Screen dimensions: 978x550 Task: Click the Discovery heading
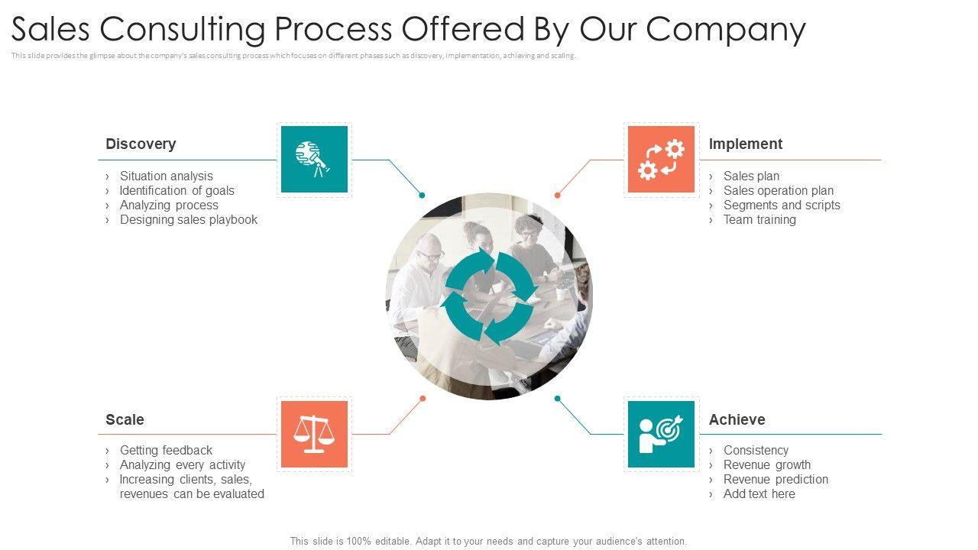[141, 144]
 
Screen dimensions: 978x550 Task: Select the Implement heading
[745, 144]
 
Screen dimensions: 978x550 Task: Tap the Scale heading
[125, 419]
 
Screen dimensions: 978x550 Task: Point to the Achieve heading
[737, 419]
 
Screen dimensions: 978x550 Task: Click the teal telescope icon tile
[314, 159]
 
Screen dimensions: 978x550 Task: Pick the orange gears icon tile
[661, 159]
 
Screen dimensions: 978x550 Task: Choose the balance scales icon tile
[314, 434]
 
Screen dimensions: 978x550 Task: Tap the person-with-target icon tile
[661, 434]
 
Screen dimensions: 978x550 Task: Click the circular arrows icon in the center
[489, 296]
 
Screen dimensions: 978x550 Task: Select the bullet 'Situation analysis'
[166, 176]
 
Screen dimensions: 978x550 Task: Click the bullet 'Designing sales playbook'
[188, 219]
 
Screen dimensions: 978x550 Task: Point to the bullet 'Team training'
[759, 219]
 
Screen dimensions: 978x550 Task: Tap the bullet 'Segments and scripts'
[781, 205]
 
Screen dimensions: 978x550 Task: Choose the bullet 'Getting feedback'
[166, 450]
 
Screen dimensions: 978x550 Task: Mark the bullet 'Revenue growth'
[766, 464]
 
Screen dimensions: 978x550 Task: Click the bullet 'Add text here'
[759, 493]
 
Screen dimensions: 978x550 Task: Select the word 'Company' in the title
[725, 29]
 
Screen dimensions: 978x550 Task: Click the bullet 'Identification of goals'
[176, 190]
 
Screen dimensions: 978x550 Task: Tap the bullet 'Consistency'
[756, 450]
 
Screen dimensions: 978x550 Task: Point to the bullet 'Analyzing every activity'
[182, 464]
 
